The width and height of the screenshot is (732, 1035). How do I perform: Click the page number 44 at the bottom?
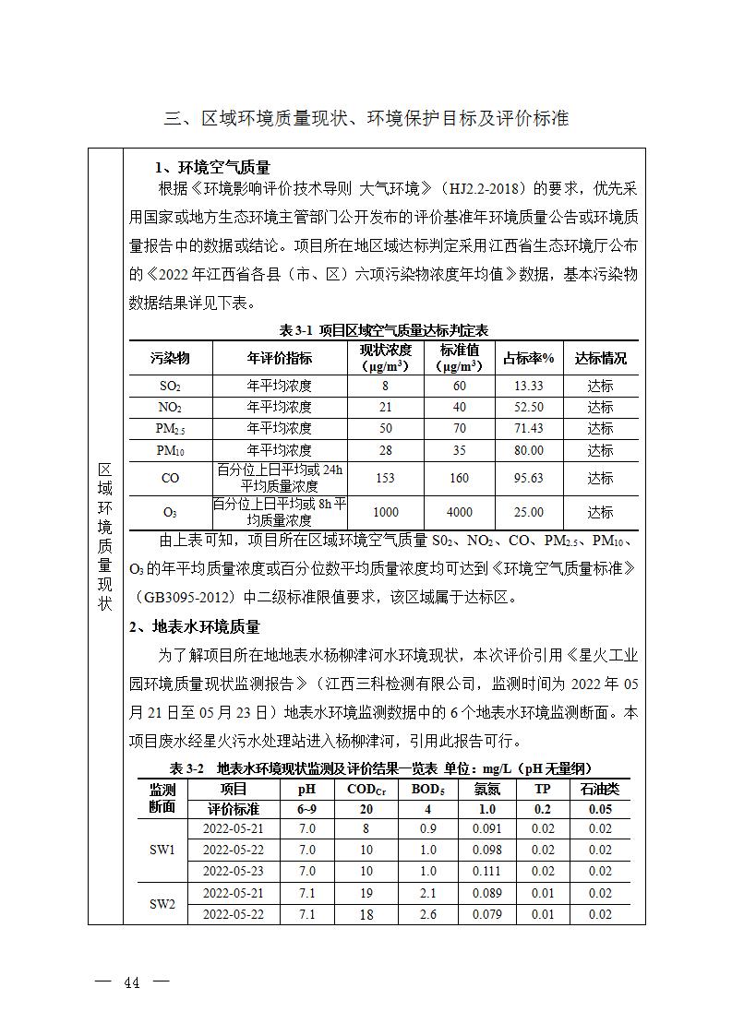[x=132, y=983]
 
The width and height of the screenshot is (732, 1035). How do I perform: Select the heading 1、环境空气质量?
[x=211, y=168]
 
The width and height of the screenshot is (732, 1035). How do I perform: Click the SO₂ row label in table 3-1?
[x=170, y=387]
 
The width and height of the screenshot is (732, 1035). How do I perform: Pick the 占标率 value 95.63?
[x=529, y=479]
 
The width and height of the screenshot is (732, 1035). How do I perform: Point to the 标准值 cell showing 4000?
[x=459, y=512]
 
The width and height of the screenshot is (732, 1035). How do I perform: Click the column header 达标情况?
[x=600, y=359]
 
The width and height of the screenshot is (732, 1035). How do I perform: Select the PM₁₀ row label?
[x=170, y=450]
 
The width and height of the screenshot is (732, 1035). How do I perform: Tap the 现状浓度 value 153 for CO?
[x=385, y=479]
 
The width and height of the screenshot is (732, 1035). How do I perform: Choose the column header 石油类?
[x=600, y=789]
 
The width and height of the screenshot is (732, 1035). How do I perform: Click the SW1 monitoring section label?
[x=162, y=850]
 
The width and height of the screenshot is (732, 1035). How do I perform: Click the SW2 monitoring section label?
[x=162, y=904]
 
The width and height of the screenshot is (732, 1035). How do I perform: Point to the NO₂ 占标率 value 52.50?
[x=529, y=408]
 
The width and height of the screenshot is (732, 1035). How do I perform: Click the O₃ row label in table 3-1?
[x=170, y=513]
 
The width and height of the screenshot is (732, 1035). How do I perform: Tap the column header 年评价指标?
[x=280, y=359]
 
